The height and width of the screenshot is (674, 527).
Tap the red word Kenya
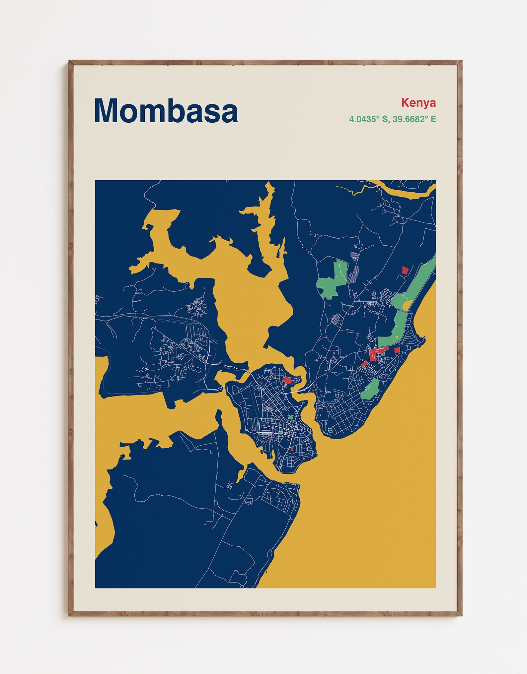(418, 103)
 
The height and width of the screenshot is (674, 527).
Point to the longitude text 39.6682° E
(414, 119)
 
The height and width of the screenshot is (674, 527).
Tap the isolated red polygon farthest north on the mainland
(404, 270)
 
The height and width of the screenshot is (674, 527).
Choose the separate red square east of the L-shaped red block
(397, 350)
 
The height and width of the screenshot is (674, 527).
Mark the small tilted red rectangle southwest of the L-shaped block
(364, 364)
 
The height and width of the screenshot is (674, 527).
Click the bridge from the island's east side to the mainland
(302, 390)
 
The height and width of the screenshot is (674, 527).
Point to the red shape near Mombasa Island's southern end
(292, 449)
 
